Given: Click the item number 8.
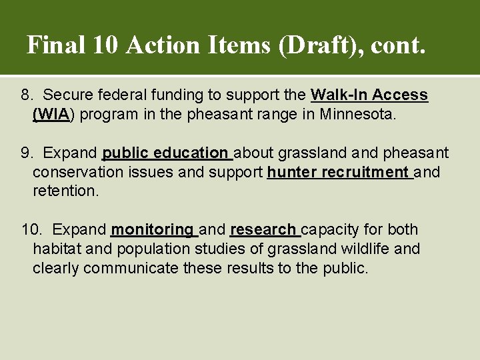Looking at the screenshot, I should (x=27, y=95).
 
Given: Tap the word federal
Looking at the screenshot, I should (x=116, y=95).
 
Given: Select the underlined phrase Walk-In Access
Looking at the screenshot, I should (x=369, y=95).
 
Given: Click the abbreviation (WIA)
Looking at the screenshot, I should (x=54, y=114).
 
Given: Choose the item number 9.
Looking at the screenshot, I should (x=27, y=153).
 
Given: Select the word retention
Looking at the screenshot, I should (x=65, y=192).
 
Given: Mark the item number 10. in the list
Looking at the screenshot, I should (x=31, y=230).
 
